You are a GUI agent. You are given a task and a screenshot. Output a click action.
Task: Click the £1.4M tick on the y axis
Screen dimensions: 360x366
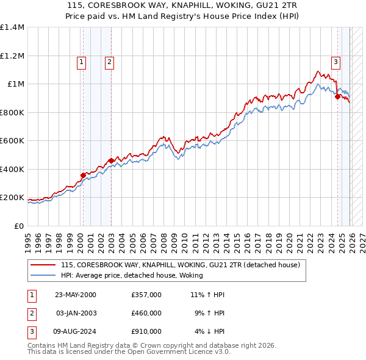(12, 27)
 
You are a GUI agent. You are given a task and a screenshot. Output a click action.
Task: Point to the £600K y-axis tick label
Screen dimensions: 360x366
(12, 141)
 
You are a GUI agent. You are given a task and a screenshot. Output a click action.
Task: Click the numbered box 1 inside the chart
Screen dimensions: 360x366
(81, 61)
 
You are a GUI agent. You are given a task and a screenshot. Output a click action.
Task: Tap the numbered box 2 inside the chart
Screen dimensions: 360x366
(109, 61)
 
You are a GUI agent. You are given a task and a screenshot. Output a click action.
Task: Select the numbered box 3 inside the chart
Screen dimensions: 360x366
(335, 61)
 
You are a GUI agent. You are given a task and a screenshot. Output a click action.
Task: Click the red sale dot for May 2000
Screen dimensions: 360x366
(84, 176)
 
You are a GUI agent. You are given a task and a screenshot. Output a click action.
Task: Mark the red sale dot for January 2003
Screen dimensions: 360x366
(111, 161)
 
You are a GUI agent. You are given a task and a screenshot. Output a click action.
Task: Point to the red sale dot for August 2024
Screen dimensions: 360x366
(337, 96)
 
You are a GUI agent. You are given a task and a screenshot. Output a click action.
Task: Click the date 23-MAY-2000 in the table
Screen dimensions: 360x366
(76, 295)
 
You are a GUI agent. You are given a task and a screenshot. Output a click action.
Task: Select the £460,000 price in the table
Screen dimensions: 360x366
(146, 313)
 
